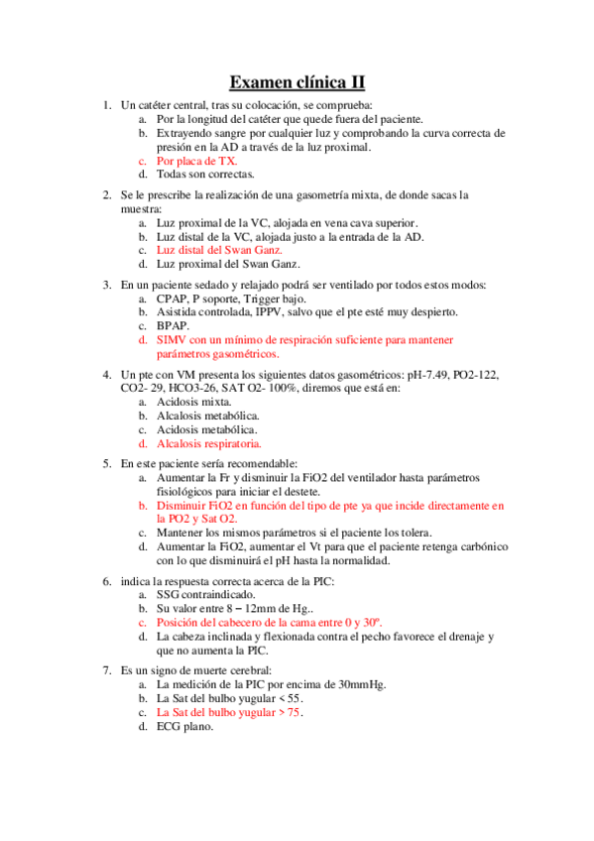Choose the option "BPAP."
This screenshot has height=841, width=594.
174,325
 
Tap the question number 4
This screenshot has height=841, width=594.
107,374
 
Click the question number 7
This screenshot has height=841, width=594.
107,670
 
